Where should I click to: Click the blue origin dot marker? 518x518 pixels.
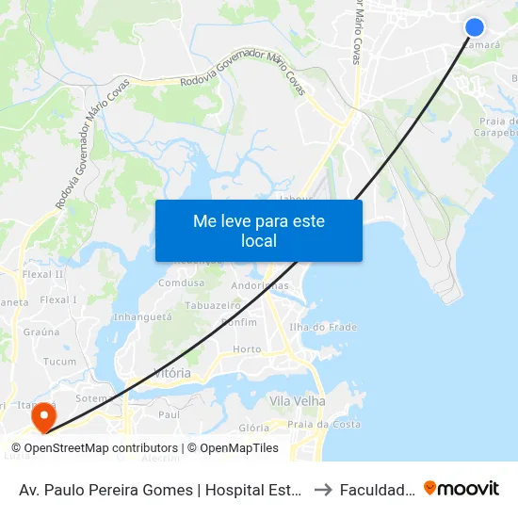pyautogui.click(x=475, y=27)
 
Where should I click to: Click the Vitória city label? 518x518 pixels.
pyautogui.click(x=171, y=374)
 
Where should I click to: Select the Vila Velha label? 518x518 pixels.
pyautogui.click(x=297, y=401)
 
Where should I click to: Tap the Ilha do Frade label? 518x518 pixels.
pyautogui.click(x=323, y=327)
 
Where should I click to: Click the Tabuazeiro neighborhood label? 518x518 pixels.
pyautogui.click(x=213, y=306)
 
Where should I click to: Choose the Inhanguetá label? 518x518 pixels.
pyautogui.click(x=142, y=316)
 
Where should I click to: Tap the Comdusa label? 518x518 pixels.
pyautogui.click(x=182, y=283)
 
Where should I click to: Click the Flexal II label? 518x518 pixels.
pyautogui.click(x=43, y=275)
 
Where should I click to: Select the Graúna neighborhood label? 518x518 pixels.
pyautogui.click(x=41, y=332)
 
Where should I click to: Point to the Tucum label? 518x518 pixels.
pyautogui.click(x=59, y=362)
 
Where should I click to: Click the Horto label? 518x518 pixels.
pyautogui.click(x=246, y=349)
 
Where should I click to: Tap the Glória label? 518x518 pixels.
pyautogui.click(x=253, y=428)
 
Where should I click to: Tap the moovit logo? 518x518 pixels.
pyautogui.click(x=461, y=489)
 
